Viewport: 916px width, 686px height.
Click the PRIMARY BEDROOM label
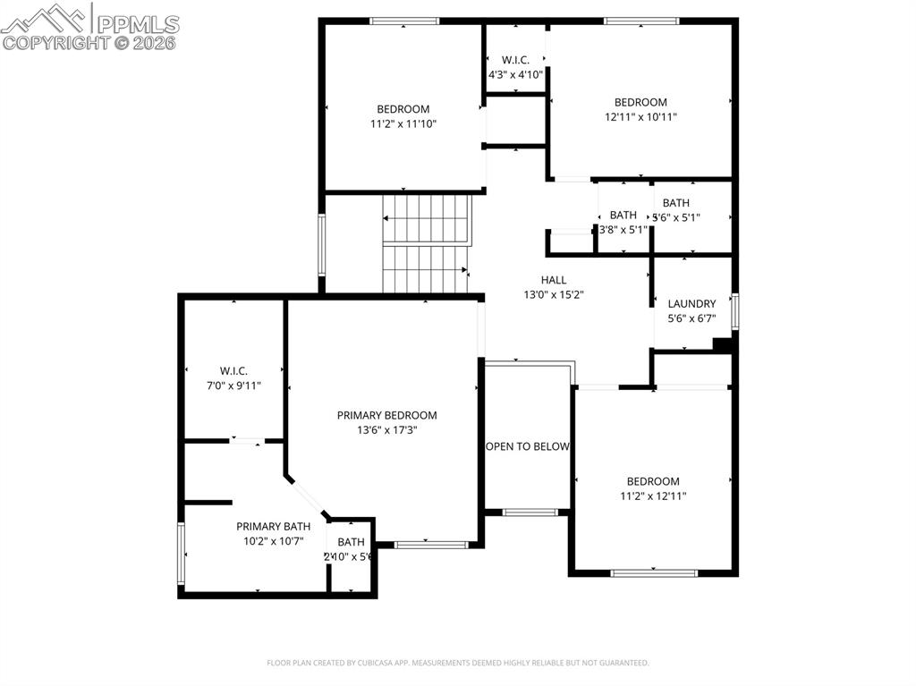(x=386, y=415)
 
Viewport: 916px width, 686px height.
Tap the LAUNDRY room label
(x=691, y=303)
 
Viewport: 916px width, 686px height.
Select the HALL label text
(x=554, y=280)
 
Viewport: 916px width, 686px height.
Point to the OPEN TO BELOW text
(x=527, y=446)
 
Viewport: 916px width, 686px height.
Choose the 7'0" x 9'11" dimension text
(x=233, y=385)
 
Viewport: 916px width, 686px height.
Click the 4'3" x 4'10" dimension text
(x=515, y=74)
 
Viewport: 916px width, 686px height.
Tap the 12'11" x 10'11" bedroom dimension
(x=640, y=116)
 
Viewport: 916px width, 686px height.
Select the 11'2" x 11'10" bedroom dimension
(x=403, y=124)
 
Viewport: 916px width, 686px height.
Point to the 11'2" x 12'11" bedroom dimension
(x=652, y=495)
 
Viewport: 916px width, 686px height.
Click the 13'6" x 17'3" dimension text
(x=386, y=429)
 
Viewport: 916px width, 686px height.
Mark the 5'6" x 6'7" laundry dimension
(x=691, y=318)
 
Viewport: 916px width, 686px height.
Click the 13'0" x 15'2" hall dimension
(x=554, y=294)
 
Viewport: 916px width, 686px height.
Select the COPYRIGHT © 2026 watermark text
(x=89, y=42)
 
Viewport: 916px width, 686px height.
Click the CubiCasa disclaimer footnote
(x=457, y=663)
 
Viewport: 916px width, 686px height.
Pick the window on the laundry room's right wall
(x=734, y=311)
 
